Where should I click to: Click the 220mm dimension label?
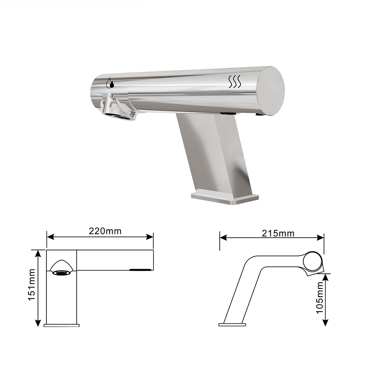pos(105,231)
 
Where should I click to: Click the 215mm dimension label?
pos(278,233)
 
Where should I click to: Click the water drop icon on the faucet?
pos(109,83)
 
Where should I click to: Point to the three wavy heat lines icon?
pos(234,81)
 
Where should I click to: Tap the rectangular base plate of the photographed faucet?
pos(225,198)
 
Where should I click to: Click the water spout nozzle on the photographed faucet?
pos(119,112)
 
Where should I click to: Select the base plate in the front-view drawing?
pos(61,325)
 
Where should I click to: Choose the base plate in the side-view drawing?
pos(232,324)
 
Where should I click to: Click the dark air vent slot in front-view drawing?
pos(141,269)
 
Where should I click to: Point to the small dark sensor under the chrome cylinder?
pos(228,113)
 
